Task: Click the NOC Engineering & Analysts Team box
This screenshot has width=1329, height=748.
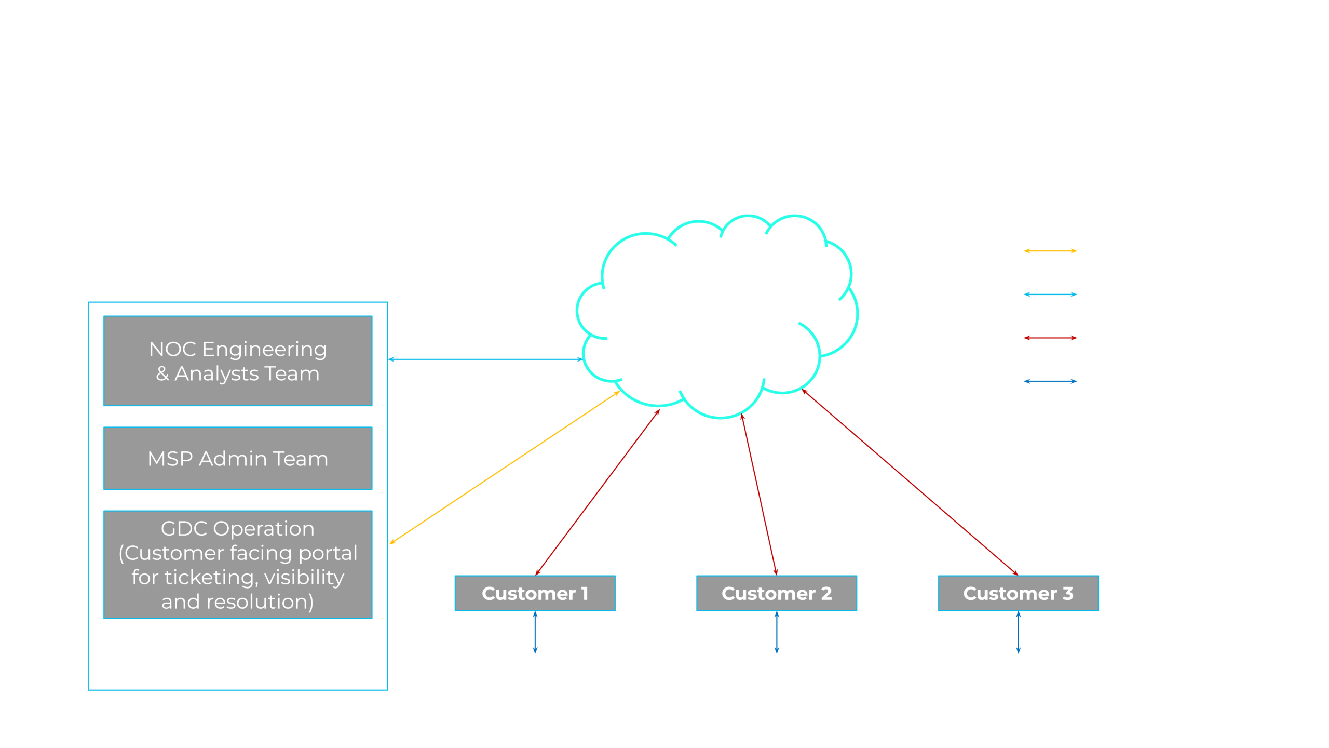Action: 238,361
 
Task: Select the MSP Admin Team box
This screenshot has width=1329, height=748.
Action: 238,459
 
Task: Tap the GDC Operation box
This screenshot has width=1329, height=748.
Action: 238,565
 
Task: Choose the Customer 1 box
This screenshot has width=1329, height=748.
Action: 535,593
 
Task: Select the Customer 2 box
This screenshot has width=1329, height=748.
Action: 777,593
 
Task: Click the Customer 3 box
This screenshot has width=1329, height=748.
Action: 1018,593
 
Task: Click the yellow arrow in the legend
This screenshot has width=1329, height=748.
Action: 1050,251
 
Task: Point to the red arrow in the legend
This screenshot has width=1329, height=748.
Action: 1050,338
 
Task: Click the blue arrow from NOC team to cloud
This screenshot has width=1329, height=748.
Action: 485,359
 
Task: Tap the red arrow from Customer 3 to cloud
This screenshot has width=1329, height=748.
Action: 910,482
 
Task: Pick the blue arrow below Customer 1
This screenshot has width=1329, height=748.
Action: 535,632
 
